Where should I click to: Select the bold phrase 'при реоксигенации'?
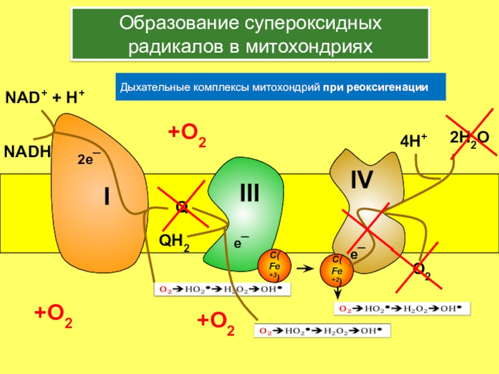pyautogui.click(x=375, y=87)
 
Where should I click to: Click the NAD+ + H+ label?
pyautogui.click(x=45, y=98)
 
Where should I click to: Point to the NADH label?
pyautogui.click(x=27, y=152)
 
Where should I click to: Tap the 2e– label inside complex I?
pyautogui.click(x=89, y=159)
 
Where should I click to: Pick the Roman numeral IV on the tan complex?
pyautogui.click(x=362, y=180)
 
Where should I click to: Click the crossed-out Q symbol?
pyautogui.click(x=182, y=207)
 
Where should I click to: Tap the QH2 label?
pyautogui.click(x=175, y=241)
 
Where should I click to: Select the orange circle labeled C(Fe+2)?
pyautogui.click(x=337, y=270)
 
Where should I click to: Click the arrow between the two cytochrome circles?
pyautogui.click(x=304, y=269)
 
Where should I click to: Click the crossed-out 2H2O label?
pyautogui.click(x=470, y=138)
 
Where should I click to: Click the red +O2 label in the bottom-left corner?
pyautogui.click(x=53, y=319)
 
